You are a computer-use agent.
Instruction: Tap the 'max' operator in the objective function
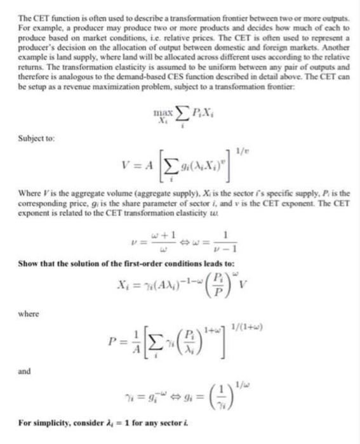point(163,112)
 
